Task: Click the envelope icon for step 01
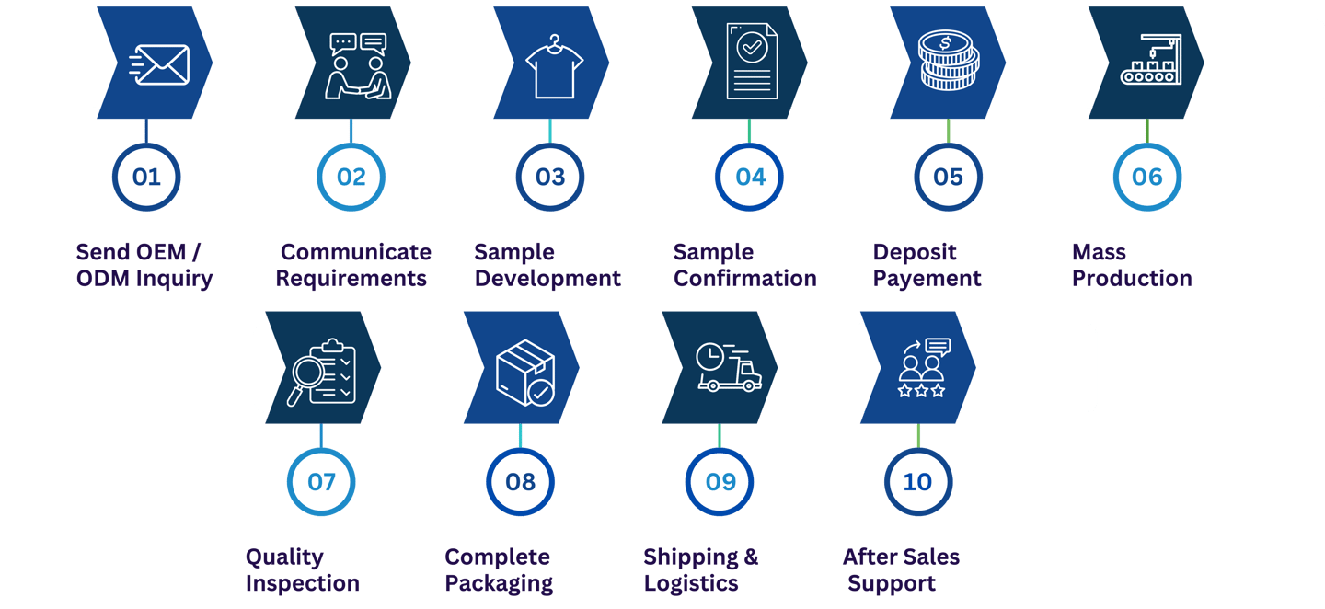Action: [x=160, y=63]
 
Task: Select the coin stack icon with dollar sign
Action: [x=949, y=63]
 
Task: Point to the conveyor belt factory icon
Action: [x=1149, y=63]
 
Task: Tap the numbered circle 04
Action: [x=750, y=177]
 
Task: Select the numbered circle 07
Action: [x=321, y=481]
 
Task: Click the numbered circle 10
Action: [x=917, y=481]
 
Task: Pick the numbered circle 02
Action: [x=351, y=177]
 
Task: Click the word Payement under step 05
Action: [x=927, y=278]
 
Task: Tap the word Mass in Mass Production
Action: [x=1099, y=252]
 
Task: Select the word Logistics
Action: [x=691, y=583]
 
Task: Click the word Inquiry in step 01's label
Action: [x=174, y=278]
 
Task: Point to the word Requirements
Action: [x=351, y=278]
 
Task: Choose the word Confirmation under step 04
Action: [x=744, y=278]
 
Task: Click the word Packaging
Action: [x=499, y=583]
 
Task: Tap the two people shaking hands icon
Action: [x=358, y=66]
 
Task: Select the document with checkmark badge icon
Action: [x=752, y=63]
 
